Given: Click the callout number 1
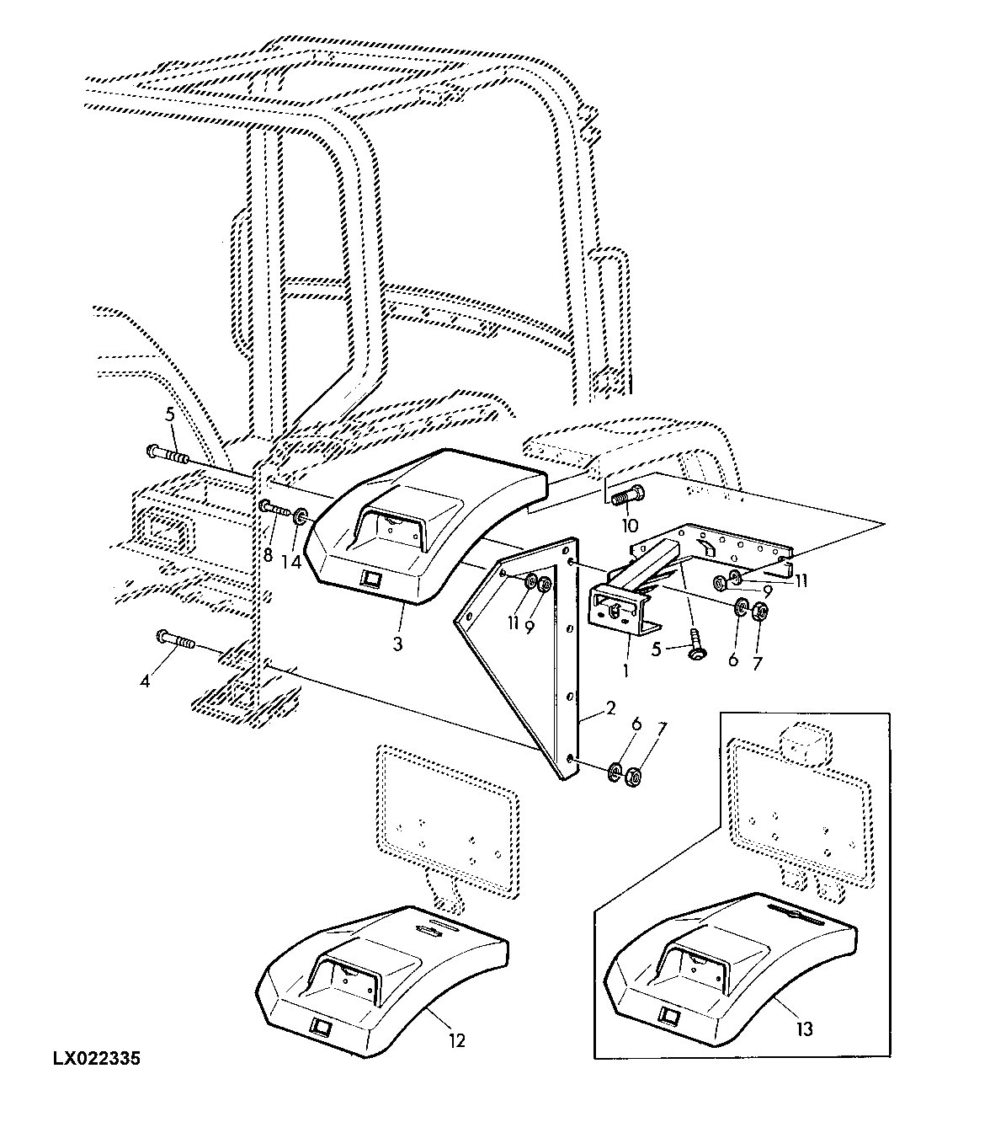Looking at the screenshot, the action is point(625,671).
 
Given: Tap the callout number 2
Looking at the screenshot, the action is point(611,708).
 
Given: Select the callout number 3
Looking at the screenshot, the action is point(397,644).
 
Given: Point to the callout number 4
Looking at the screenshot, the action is point(145,681).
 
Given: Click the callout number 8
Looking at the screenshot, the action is point(269,555).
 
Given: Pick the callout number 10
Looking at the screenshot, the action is point(631,526).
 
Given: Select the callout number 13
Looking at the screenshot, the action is point(805,1029).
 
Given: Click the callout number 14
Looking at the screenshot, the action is point(291,562).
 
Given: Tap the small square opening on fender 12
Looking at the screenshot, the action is point(321,1025).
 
